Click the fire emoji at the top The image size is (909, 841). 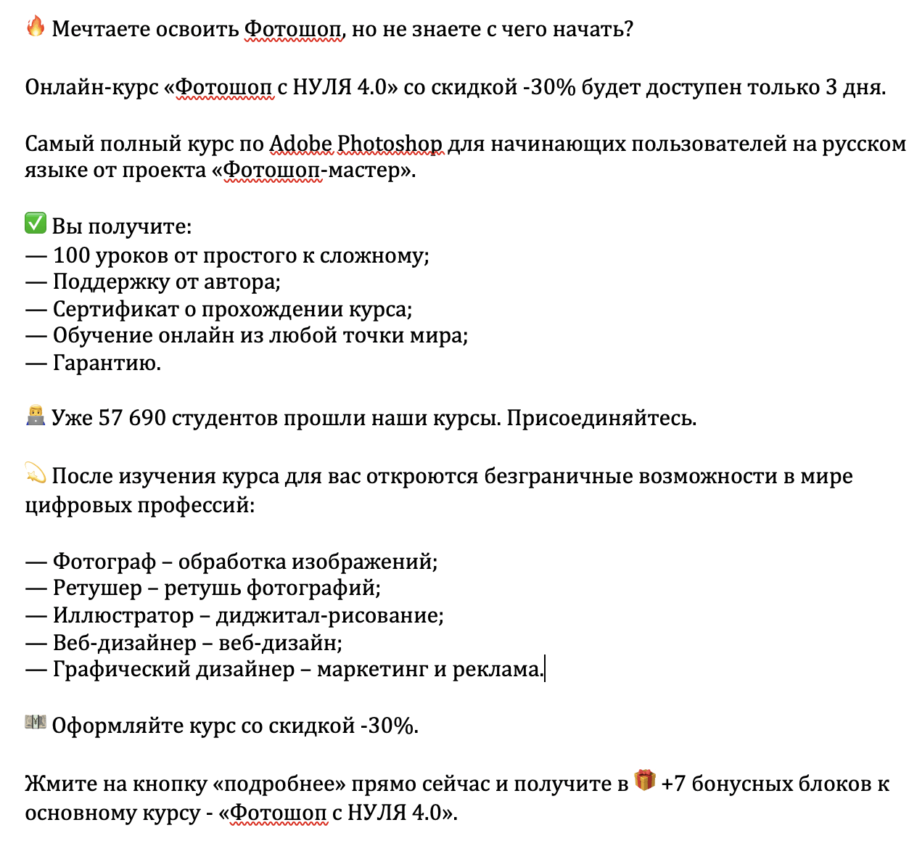point(36,27)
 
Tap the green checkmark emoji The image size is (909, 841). point(36,223)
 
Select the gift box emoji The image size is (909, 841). point(645,781)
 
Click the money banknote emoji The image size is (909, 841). point(36,723)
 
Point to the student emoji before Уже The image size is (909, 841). point(36,416)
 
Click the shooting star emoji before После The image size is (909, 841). point(36,473)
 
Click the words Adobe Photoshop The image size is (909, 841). point(355,144)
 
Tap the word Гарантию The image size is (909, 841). point(107,362)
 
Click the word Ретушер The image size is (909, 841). point(97,588)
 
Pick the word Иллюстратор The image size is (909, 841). point(123,615)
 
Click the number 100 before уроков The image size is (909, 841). point(71,255)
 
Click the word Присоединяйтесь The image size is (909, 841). point(601,419)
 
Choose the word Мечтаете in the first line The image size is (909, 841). point(99,29)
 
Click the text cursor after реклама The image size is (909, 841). point(544,669)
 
